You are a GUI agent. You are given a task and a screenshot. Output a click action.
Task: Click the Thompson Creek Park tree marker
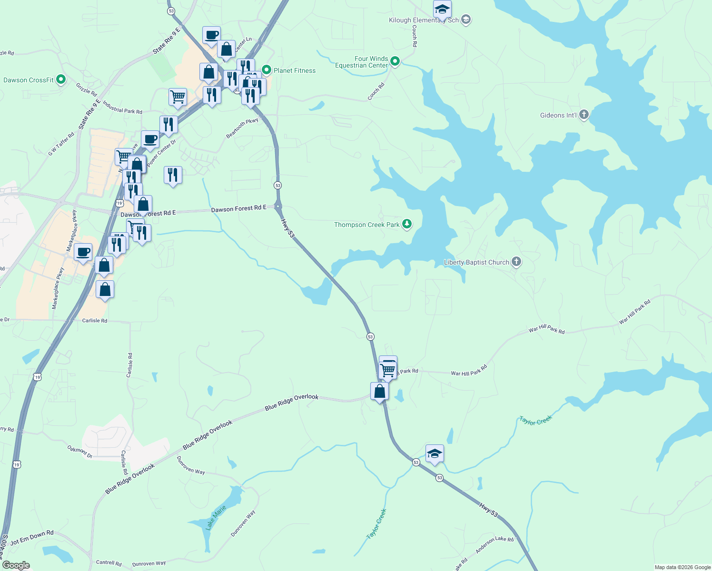click(x=406, y=224)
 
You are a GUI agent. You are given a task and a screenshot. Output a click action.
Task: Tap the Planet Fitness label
click(x=295, y=70)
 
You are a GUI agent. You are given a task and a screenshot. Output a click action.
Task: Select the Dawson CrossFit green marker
click(x=60, y=79)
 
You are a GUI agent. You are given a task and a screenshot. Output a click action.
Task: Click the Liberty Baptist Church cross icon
click(x=516, y=262)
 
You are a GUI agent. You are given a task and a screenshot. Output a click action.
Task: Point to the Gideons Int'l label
click(x=558, y=115)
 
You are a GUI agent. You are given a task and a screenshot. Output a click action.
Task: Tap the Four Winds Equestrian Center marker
click(x=395, y=61)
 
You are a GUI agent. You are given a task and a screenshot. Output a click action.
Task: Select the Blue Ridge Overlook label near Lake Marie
click(x=130, y=478)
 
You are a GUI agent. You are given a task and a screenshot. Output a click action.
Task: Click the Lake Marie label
click(x=216, y=518)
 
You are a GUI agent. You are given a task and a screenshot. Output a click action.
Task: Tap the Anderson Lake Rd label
click(x=494, y=544)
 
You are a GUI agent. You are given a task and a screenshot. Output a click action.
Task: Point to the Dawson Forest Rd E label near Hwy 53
click(x=238, y=209)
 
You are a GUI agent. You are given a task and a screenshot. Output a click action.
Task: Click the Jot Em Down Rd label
click(x=32, y=538)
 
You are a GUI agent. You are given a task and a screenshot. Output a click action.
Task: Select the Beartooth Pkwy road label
click(x=242, y=128)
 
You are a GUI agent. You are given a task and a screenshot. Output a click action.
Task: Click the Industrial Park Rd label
click(x=122, y=108)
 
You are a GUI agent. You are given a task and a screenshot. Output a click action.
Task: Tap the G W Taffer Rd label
click(x=61, y=144)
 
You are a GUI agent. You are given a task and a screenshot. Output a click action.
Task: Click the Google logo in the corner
click(x=16, y=565)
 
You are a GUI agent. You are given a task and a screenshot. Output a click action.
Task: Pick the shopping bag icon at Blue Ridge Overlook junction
click(x=380, y=392)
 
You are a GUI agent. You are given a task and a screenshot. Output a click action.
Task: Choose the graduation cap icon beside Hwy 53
click(x=435, y=454)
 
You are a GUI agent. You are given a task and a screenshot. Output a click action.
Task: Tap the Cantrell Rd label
click(x=109, y=563)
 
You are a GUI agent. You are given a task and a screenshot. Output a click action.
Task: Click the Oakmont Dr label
click(x=79, y=451)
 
